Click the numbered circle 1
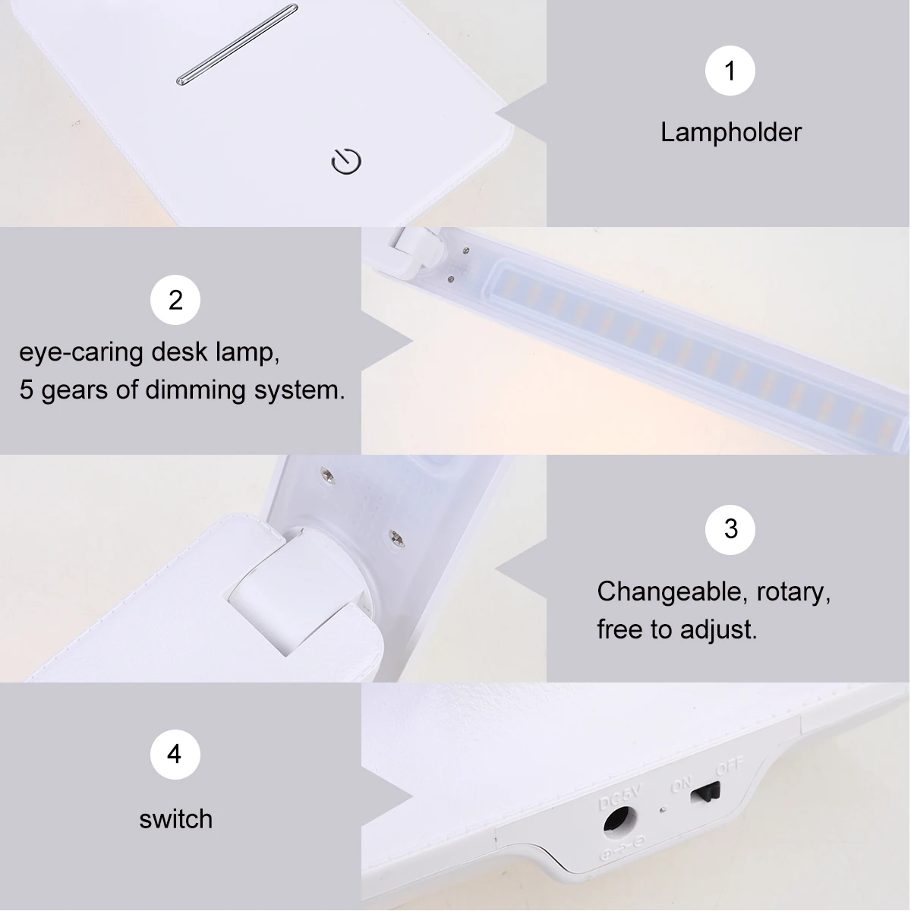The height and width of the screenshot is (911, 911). point(730,71)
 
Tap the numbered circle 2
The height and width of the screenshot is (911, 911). point(175,300)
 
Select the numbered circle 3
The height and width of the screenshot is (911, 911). point(730,529)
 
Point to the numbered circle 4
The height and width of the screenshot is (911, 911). point(175,755)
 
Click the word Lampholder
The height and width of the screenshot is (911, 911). point(731,132)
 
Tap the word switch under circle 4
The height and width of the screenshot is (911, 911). point(176,819)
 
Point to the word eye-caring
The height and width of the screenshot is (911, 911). point(80,353)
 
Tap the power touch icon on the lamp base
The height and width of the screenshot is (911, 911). point(346,161)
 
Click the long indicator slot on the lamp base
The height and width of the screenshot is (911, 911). point(238,45)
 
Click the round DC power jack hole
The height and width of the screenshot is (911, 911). point(619,823)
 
